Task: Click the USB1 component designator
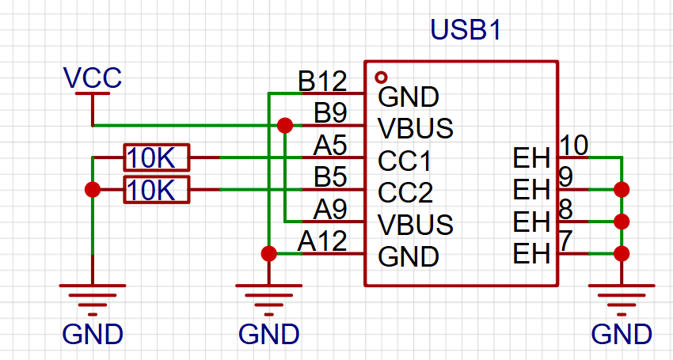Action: (x=466, y=30)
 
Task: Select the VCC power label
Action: (x=92, y=78)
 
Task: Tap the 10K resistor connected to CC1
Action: (x=156, y=157)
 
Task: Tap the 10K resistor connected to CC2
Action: (x=156, y=190)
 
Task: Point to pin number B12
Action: (x=322, y=81)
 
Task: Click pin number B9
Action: (x=330, y=113)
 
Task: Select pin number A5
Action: (x=330, y=146)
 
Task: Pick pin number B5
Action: (x=330, y=177)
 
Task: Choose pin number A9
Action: (x=330, y=209)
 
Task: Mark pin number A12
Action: (x=322, y=241)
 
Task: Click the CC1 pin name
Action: (x=405, y=161)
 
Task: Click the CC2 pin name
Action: (x=405, y=193)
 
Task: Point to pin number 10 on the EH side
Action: (x=573, y=146)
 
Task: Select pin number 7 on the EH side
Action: (x=565, y=241)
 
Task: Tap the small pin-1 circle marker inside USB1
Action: (x=381, y=78)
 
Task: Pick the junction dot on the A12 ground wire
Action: (x=268, y=253)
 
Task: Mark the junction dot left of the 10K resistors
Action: (x=93, y=190)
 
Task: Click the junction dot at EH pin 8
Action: (x=622, y=222)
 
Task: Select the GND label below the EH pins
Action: (x=622, y=334)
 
